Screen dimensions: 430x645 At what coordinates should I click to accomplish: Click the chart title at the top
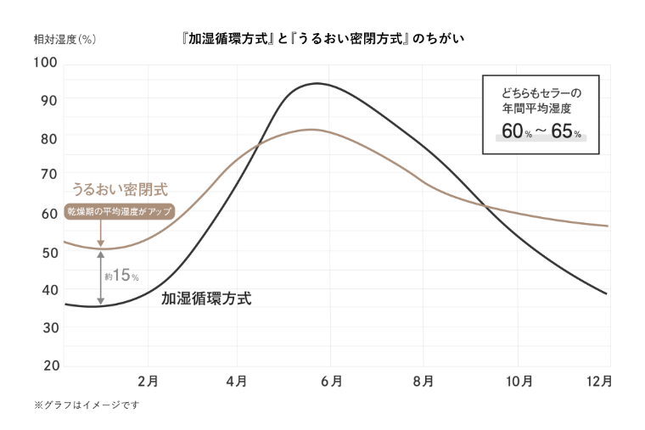[322, 39]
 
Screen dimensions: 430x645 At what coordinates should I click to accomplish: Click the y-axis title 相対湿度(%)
[64, 39]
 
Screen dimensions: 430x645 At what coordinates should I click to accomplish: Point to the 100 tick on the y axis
[45, 63]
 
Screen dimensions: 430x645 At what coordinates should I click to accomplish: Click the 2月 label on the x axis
[148, 382]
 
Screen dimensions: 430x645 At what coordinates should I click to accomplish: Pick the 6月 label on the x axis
[332, 382]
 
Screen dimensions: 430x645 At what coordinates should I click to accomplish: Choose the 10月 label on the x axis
[519, 382]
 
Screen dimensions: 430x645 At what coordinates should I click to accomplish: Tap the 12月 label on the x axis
[598, 382]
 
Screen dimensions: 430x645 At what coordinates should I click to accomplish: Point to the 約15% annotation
[121, 276]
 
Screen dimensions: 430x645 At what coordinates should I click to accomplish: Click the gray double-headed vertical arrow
[101, 277]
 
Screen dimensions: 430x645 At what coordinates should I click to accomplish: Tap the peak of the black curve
[317, 83]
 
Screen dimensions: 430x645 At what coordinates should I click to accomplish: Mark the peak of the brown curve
[311, 130]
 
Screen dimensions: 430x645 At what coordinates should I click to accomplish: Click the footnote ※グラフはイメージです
[86, 405]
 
